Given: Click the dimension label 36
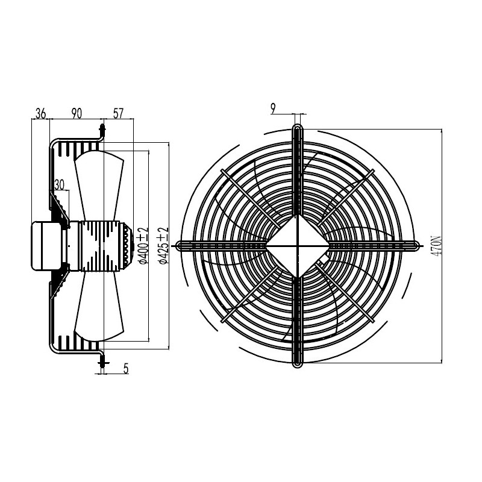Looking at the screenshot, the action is click(x=40, y=113).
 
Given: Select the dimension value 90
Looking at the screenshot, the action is click(x=77, y=113).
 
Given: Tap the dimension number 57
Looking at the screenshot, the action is click(x=118, y=113).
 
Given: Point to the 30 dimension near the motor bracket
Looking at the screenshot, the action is click(x=59, y=185).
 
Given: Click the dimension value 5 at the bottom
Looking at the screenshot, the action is click(x=126, y=369).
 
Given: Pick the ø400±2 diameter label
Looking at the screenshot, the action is click(x=143, y=246).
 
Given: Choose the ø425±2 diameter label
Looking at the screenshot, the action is click(x=163, y=246).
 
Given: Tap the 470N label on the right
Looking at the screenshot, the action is click(x=436, y=246).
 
